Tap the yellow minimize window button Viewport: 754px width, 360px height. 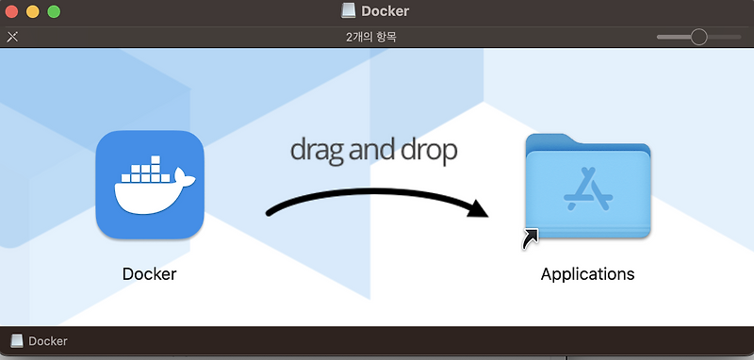click(x=32, y=12)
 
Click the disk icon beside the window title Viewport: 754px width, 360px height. click(x=350, y=11)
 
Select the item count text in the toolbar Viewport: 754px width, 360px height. click(x=377, y=37)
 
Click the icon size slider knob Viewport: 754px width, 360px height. click(x=698, y=37)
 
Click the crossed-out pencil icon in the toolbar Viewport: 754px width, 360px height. click(x=12, y=37)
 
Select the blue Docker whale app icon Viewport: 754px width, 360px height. click(x=150, y=185)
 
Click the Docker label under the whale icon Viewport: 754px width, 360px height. click(x=150, y=274)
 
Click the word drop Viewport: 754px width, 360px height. click(x=428, y=151)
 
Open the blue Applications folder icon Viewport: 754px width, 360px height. click(x=588, y=186)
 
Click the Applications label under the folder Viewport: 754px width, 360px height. click(x=587, y=274)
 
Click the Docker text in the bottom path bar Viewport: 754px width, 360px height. click(x=48, y=341)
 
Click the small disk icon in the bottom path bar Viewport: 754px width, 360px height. click(x=17, y=341)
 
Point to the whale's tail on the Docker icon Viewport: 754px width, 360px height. click(x=186, y=178)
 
